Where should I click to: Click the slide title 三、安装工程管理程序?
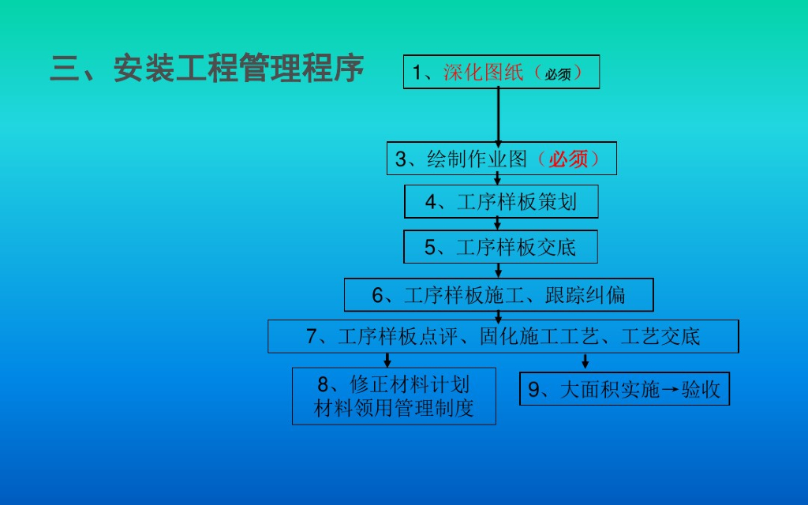click(207, 69)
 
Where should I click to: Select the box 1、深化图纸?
click(501, 72)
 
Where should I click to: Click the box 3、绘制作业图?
click(501, 159)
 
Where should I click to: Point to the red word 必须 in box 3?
click(569, 159)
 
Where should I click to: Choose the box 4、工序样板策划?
click(501, 202)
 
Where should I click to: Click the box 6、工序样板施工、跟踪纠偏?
click(499, 295)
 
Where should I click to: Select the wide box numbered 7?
click(503, 336)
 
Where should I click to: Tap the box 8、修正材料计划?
click(394, 396)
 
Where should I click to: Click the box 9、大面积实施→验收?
click(624, 389)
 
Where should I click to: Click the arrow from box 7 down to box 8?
click(387, 360)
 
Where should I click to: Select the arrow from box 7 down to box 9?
click(585, 361)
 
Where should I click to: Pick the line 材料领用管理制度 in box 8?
click(394, 409)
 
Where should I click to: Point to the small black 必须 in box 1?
click(558, 74)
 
